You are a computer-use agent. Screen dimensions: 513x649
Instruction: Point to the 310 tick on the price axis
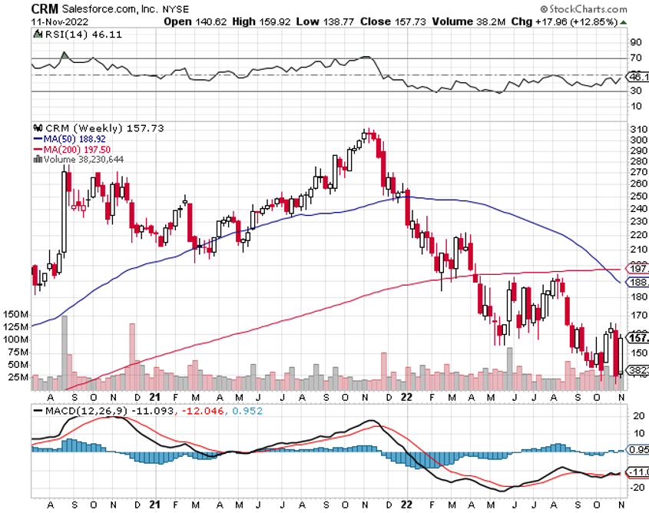point(637,129)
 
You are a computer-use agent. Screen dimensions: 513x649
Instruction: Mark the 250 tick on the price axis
point(637,196)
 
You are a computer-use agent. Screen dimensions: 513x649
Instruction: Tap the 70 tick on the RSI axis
point(635,58)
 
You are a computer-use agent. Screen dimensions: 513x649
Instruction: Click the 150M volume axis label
point(15,315)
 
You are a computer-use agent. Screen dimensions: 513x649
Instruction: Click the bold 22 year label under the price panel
point(407,397)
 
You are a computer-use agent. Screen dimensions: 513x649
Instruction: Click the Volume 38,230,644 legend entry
point(80,159)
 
